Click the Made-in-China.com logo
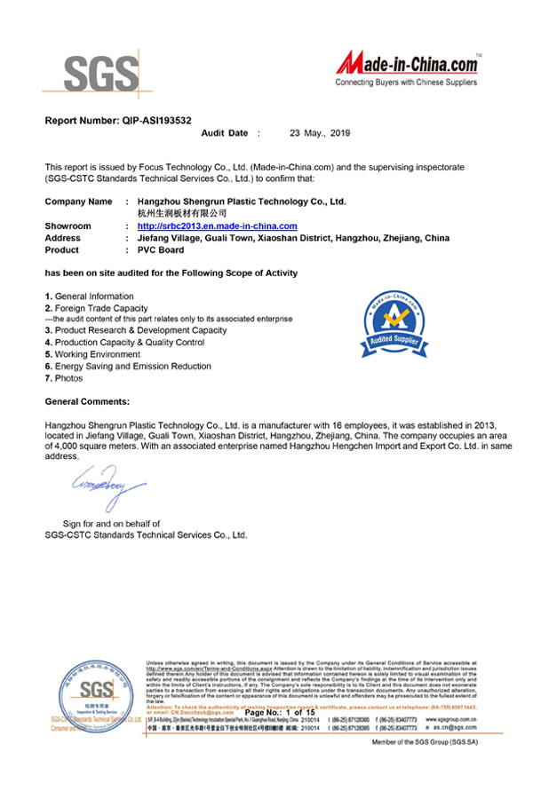click(x=409, y=65)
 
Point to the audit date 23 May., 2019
click(x=321, y=132)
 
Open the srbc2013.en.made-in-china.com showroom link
click(x=217, y=226)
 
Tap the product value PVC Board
click(x=161, y=249)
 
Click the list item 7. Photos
click(x=66, y=378)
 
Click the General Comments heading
click(x=87, y=401)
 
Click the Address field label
click(x=62, y=238)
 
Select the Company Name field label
click(x=78, y=202)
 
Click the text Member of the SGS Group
click(x=425, y=741)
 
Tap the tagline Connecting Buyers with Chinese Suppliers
click(x=406, y=82)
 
